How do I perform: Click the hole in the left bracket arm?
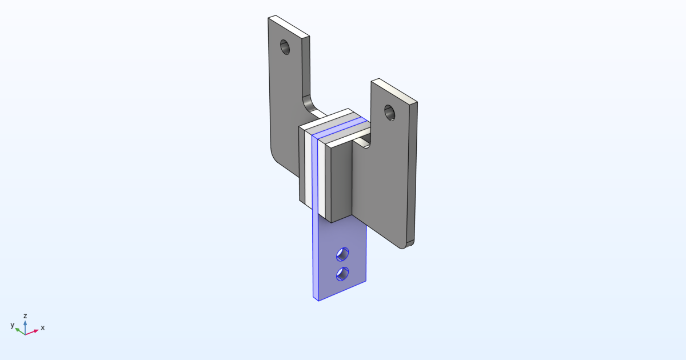point(285,47)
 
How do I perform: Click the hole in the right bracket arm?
point(389,112)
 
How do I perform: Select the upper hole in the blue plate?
point(342,253)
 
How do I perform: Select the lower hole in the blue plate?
point(342,274)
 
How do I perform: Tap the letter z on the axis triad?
point(25,315)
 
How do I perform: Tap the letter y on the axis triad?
point(12,325)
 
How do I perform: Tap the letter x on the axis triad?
point(42,328)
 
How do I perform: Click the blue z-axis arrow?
point(25,324)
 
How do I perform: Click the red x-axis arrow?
point(33,331)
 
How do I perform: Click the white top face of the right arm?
point(394,91)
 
